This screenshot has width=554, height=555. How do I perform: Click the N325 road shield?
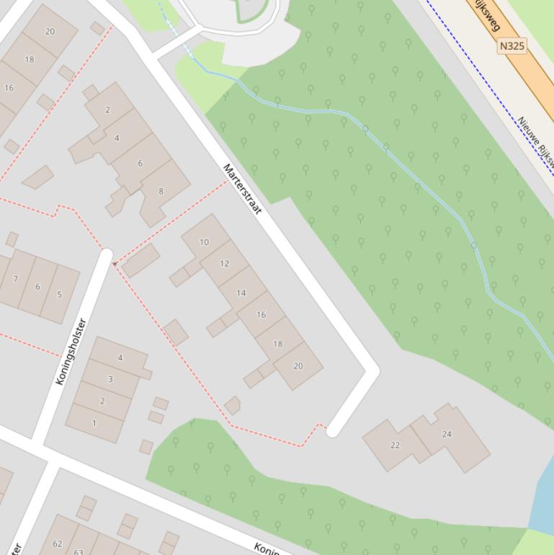511,46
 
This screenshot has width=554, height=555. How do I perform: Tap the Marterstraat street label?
242,190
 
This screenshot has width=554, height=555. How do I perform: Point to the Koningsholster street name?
71,351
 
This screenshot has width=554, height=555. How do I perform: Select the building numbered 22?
395,445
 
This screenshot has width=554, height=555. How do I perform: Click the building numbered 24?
447,434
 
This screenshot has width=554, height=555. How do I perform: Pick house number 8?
161,191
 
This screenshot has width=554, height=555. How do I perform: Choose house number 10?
204,242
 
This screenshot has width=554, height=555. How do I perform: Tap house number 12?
224,263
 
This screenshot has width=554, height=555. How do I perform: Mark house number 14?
241,293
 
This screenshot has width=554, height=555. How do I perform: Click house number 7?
15,279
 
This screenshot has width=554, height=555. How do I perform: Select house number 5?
59,294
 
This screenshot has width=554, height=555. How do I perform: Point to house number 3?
110,379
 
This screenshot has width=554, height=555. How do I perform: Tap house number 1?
94,423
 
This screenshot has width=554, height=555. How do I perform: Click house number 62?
58,543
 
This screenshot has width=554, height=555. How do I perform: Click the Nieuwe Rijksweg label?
536,144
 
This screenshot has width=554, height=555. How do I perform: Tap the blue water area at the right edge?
543,497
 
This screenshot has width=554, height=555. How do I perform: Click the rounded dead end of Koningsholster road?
107,254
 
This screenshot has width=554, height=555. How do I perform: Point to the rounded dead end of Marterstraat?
331,431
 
